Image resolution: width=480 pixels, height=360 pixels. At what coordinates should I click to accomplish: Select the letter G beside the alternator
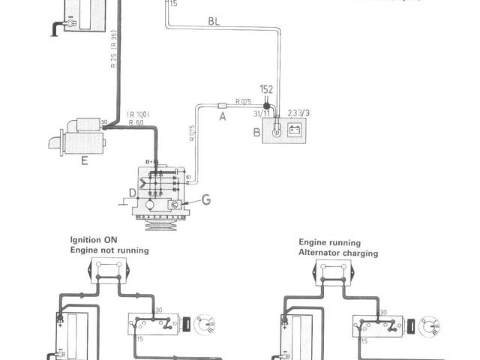pos(205,200)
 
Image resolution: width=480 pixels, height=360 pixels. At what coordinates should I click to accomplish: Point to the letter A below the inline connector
pos(221,117)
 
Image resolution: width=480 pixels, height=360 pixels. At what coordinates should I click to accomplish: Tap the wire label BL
pos(214,23)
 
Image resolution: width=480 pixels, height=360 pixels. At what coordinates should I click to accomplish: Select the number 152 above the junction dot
pos(267,90)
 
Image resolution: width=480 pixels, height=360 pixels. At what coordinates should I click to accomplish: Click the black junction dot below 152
pos(266,105)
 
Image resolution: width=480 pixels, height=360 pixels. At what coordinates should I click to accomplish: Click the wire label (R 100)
pos(139,114)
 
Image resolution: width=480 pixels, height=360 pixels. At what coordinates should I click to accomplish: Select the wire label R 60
pos(136,121)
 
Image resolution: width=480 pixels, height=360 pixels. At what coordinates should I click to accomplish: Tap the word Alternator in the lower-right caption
pos(317,253)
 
